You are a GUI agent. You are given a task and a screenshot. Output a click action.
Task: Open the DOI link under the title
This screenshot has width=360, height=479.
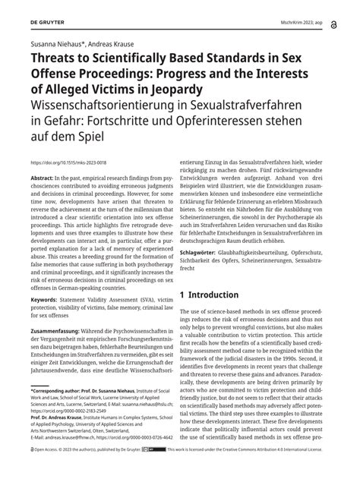pos(67,162)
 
